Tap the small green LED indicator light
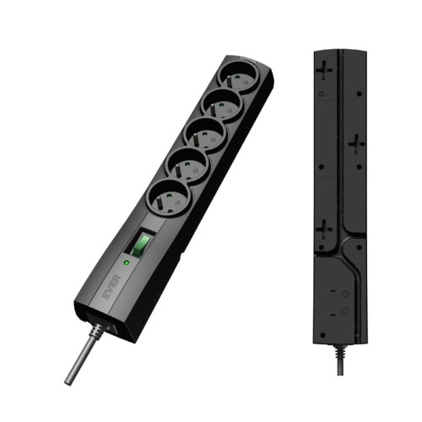tap(125, 262)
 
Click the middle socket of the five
tap(203, 135)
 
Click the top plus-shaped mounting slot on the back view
tap(325, 70)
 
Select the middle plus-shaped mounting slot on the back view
tap(356, 145)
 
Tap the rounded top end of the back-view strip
tap(340, 53)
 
